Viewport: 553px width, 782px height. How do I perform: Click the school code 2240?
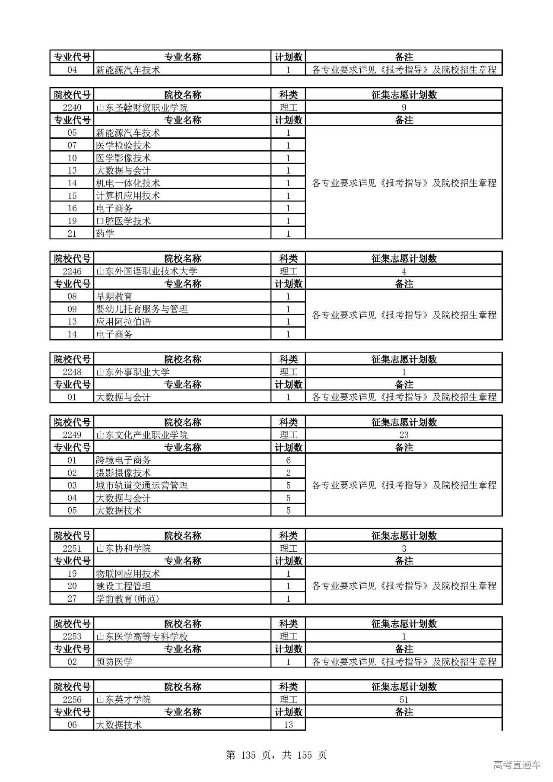coord(72,108)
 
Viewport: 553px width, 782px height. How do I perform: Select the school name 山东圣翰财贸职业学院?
coord(142,108)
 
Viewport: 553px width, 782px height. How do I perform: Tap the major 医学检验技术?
coord(123,146)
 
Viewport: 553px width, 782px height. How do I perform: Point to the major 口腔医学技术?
coord(123,221)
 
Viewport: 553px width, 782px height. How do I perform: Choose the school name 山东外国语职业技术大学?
coord(146,271)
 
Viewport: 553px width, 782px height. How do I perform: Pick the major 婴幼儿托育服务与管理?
coord(142,309)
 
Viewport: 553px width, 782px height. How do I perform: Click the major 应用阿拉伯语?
coord(123,322)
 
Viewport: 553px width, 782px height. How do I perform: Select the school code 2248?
coord(72,372)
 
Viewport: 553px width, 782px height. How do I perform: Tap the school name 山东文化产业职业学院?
coord(142,435)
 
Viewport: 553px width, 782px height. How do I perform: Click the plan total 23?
coord(404,435)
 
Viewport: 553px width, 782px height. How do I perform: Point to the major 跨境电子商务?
coord(123,461)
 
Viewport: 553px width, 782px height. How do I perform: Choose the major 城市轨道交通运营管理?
coord(142,486)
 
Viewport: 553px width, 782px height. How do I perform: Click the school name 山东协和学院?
coord(123,549)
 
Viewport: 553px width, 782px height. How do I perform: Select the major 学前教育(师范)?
coord(127,599)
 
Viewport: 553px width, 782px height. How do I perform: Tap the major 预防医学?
coord(114,662)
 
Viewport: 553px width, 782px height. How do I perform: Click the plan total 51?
coord(404,700)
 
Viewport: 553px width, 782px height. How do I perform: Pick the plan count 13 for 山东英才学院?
coord(288,725)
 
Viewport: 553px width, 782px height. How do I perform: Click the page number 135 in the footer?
coord(248,755)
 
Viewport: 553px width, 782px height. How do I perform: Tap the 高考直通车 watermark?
coord(517,765)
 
